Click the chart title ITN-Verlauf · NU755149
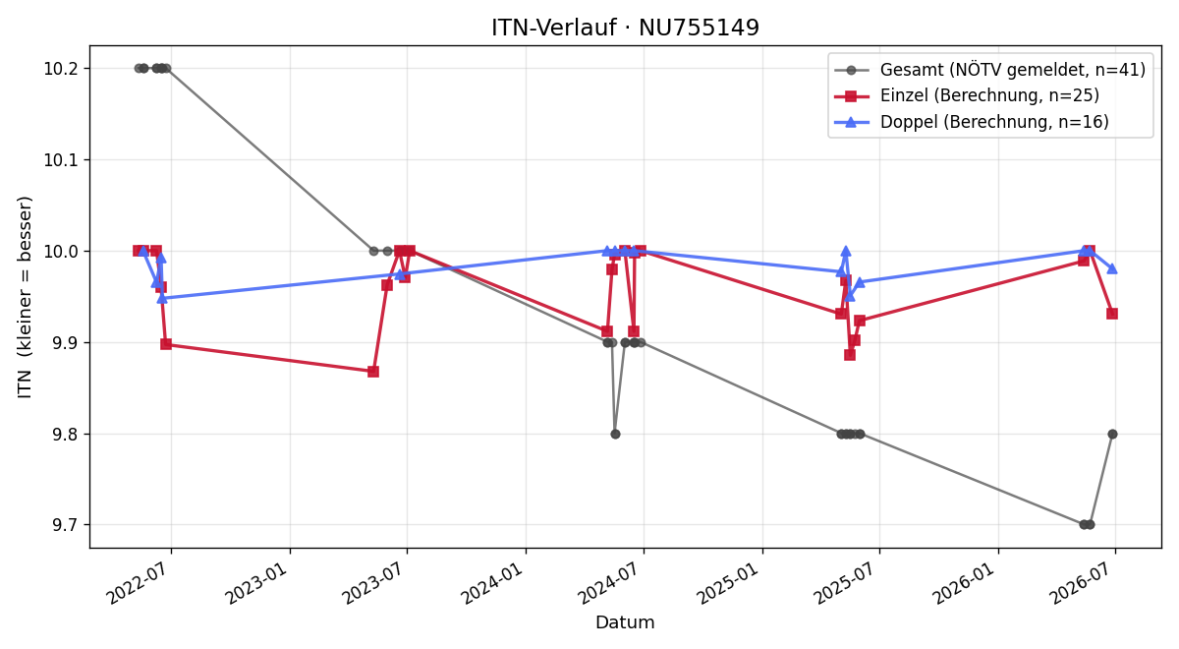click(x=625, y=28)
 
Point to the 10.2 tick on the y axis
click(x=59, y=69)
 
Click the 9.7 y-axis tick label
click(x=64, y=525)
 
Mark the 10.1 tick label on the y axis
click(x=59, y=159)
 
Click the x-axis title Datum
click(x=625, y=622)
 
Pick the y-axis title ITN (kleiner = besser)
click(x=25, y=297)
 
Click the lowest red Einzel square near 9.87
click(x=373, y=372)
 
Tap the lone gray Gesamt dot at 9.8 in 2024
click(x=615, y=434)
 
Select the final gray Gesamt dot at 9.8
click(x=1112, y=434)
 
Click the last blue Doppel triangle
click(x=1112, y=268)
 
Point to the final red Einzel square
click(x=1112, y=314)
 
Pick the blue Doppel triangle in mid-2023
click(x=401, y=274)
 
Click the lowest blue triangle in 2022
click(x=162, y=298)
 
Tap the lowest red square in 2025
click(x=850, y=355)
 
